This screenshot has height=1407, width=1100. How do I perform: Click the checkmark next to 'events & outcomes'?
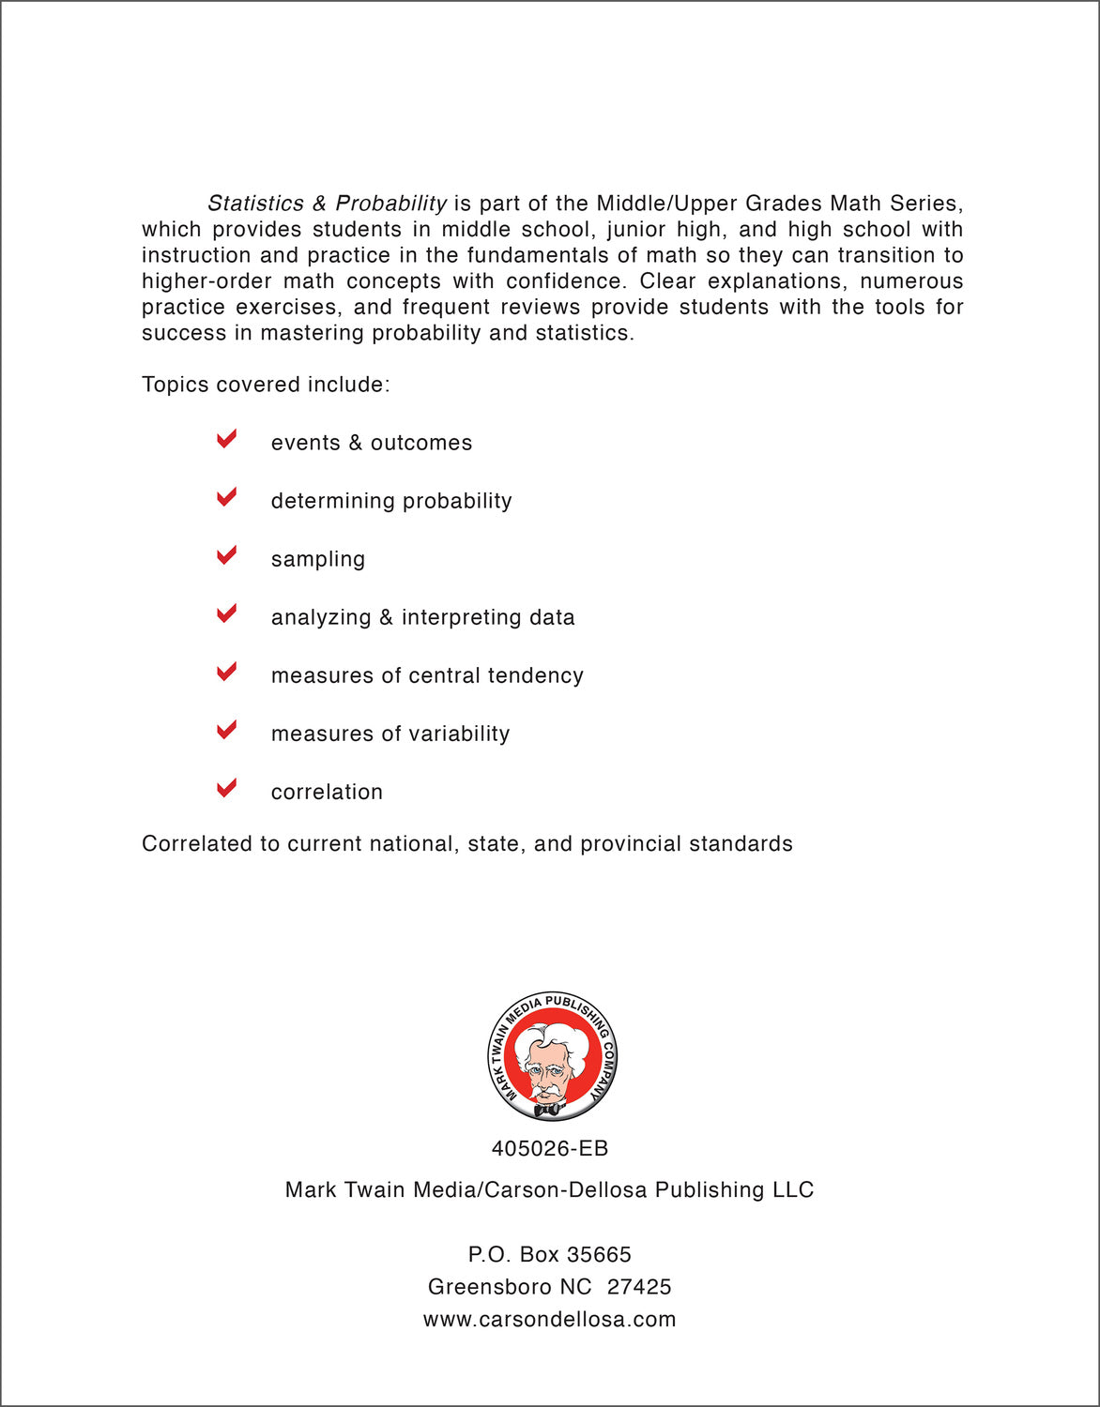(x=226, y=439)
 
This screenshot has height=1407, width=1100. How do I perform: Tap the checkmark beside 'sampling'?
(x=226, y=555)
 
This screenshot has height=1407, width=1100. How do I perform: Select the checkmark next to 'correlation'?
(x=226, y=788)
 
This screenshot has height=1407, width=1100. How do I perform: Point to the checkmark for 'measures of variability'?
(x=226, y=730)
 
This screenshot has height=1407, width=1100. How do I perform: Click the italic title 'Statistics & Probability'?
(x=327, y=204)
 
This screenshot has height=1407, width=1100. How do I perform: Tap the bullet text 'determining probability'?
(x=391, y=501)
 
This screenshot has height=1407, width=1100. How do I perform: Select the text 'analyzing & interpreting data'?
(x=422, y=617)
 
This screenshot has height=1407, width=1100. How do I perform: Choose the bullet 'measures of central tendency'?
(x=427, y=675)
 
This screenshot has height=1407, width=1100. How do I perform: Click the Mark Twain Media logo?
(x=552, y=1057)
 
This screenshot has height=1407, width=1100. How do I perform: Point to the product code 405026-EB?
(x=550, y=1148)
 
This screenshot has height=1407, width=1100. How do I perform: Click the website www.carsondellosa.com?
(x=550, y=1319)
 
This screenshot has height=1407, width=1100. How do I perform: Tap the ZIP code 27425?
(x=639, y=1287)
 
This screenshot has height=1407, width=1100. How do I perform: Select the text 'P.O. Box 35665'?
(x=550, y=1254)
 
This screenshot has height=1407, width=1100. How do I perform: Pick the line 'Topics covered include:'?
(x=266, y=385)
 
